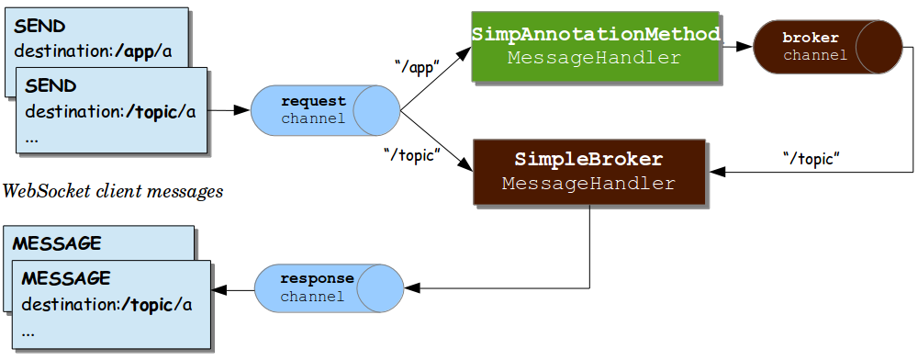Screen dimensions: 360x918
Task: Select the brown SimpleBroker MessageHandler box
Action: pos(588,172)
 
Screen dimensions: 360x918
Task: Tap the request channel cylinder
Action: pos(325,109)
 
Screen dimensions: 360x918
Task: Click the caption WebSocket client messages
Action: pos(113,192)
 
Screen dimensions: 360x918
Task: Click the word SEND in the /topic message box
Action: pos(50,85)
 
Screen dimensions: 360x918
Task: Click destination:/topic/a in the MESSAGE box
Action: pos(106,304)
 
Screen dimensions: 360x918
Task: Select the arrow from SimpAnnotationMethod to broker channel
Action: pos(736,45)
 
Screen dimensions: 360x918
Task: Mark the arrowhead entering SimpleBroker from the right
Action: pos(715,172)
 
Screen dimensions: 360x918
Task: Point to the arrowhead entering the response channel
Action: pos(410,287)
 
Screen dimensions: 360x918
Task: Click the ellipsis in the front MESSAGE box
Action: pos(28,332)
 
